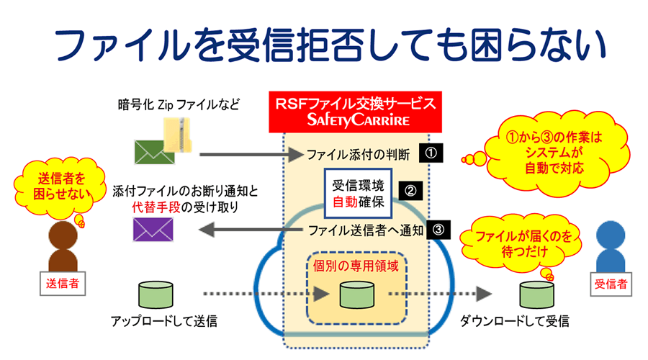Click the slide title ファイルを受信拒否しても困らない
(324, 44)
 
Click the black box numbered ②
(410, 192)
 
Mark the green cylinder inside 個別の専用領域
(358, 294)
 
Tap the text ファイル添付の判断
(358, 153)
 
